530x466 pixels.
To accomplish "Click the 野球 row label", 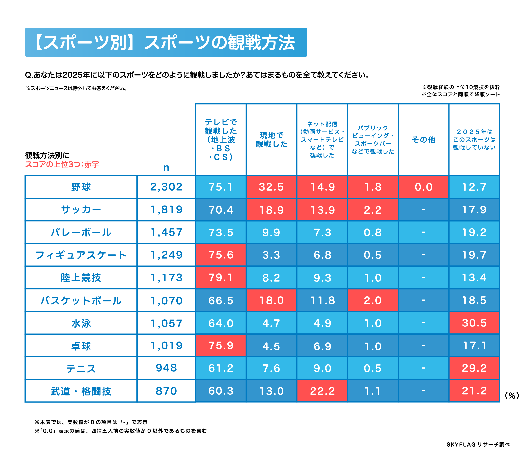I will coord(81,187).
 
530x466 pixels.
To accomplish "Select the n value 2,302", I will coord(166,187).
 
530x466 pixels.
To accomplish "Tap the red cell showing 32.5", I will coord(271,187).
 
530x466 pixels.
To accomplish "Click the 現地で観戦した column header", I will coord(271,140).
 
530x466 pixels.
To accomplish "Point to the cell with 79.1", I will coord(221,277).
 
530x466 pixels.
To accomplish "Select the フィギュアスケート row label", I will coord(81,255).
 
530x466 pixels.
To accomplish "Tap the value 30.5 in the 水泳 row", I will coord(474,323).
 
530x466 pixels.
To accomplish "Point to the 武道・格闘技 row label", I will coord(81,391).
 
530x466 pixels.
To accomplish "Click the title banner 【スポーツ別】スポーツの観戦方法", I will coord(166,42).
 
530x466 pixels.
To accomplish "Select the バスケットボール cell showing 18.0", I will coord(271,300).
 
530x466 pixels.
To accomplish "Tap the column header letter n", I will coord(166,168).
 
